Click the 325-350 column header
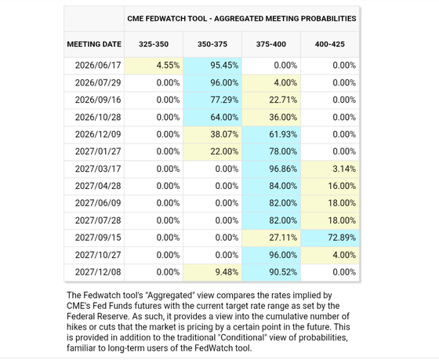(154, 44)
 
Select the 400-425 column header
(329, 44)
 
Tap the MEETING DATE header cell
(94, 44)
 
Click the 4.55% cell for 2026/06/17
(154, 66)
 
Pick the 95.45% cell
(212, 66)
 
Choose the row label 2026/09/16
(98, 100)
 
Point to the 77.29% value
(224, 100)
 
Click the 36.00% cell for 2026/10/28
(271, 118)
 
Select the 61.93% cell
(271, 134)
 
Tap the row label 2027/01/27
(98, 151)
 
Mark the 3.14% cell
(330, 169)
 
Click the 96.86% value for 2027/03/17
(283, 169)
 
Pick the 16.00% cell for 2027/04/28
(330, 186)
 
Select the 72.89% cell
(330, 238)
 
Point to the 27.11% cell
(271, 238)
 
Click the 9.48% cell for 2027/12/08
(212, 272)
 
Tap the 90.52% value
(283, 272)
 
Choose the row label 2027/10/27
(98, 255)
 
